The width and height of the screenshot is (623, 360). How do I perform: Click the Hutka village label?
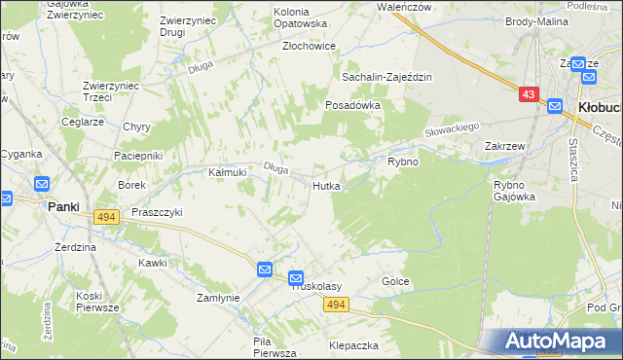[x=326, y=185]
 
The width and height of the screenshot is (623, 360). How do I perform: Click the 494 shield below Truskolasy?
[x=336, y=306]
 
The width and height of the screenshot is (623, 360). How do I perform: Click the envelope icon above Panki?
[x=41, y=184]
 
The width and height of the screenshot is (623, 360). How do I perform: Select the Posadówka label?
[x=351, y=104]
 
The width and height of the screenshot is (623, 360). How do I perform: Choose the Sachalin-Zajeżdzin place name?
[x=385, y=76]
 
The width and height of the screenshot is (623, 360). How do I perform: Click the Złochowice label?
[x=309, y=46]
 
